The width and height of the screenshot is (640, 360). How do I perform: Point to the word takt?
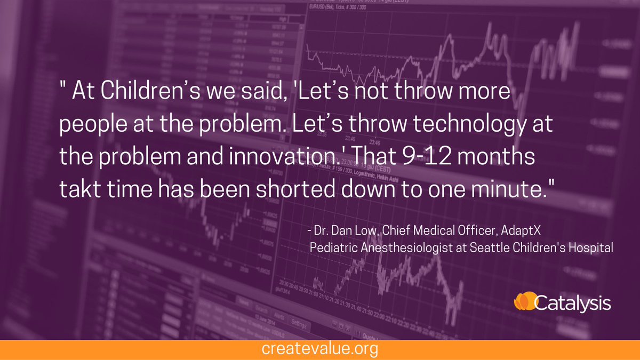(x=77, y=189)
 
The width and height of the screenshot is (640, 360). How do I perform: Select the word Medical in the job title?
(x=444, y=231)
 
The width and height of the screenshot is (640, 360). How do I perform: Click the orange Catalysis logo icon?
(x=524, y=302)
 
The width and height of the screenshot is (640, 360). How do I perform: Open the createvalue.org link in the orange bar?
(x=320, y=350)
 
